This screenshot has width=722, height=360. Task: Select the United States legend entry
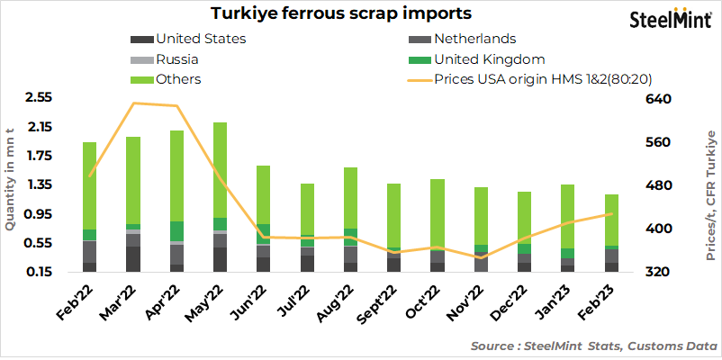[201, 39]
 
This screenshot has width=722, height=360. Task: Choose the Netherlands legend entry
[474, 39]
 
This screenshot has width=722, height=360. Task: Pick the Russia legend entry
[176, 59]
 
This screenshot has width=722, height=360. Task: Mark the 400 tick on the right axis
[661, 229]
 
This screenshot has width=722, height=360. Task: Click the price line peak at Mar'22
[133, 103]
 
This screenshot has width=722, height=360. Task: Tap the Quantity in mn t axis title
[11, 181]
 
